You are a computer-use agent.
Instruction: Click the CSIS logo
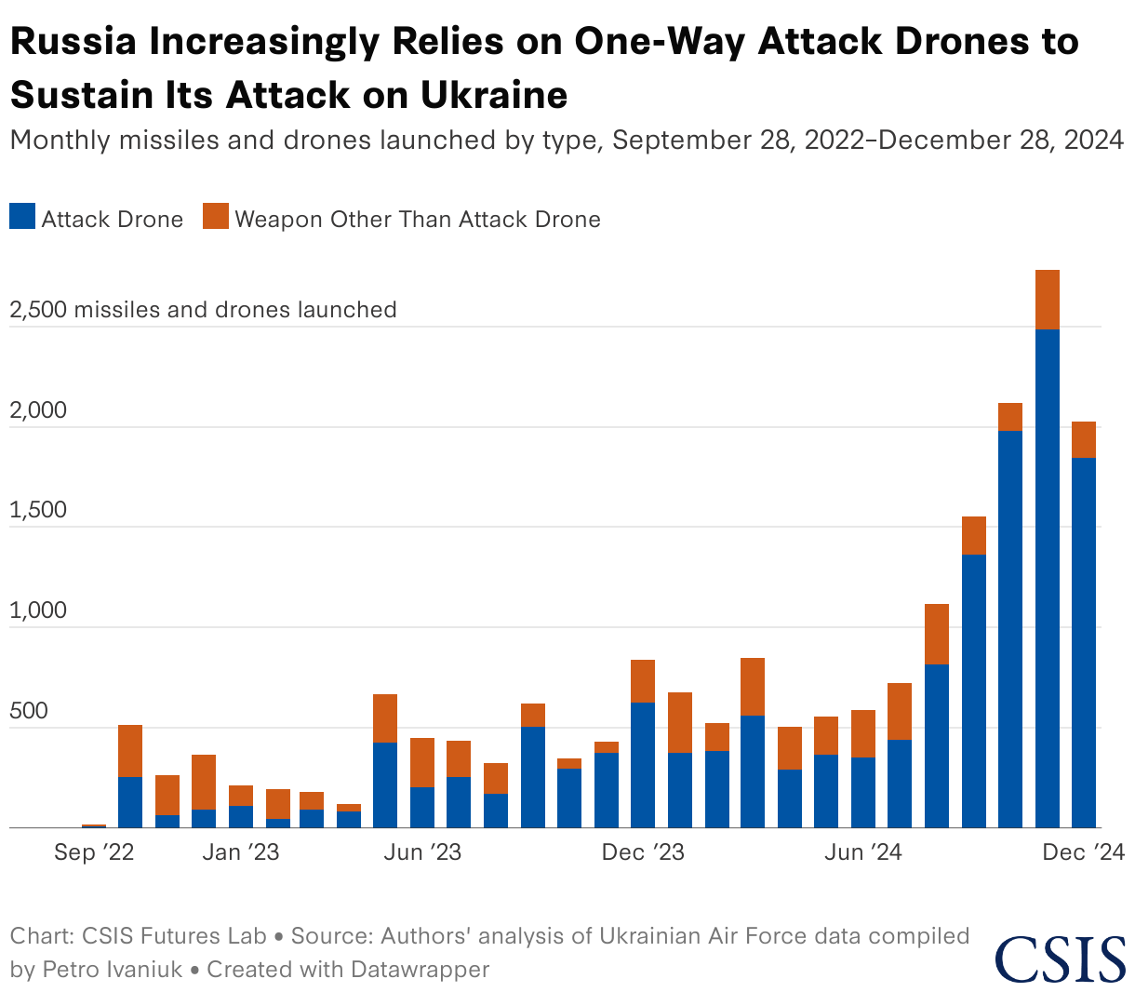[x=1061, y=958]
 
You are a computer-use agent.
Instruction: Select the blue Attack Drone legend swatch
[x=22, y=217]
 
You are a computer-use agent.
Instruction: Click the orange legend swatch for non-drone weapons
[x=216, y=217]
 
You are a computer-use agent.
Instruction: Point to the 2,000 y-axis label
[x=38, y=410]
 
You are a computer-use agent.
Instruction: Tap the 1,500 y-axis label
[x=38, y=510]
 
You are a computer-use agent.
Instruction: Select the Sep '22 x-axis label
[x=94, y=852]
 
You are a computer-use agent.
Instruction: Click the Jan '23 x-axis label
[x=241, y=852]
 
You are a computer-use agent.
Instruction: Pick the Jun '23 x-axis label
[x=422, y=852]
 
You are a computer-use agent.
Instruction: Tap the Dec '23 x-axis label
[x=643, y=852]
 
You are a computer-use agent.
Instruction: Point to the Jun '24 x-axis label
[x=863, y=852]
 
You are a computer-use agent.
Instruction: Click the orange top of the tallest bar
[x=1048, y=299]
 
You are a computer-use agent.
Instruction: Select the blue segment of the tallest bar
[x=1048, y=577]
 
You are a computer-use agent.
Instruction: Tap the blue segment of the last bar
[x=1084, y=642]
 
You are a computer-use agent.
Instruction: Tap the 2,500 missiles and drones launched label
[x=203, y=309]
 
